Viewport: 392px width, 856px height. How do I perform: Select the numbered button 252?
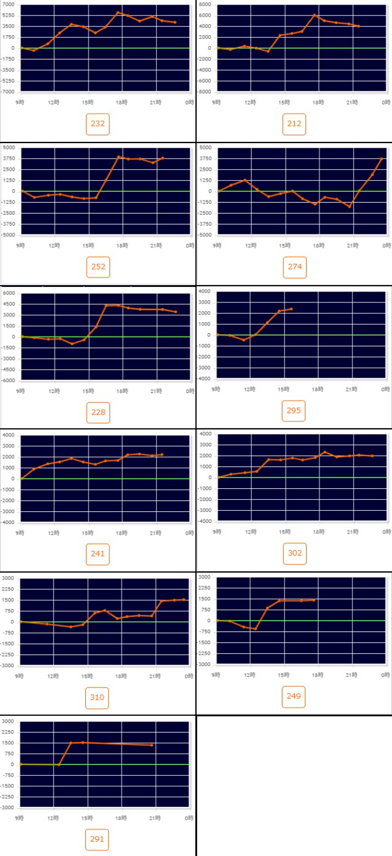97,267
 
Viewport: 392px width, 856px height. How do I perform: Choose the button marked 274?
294,267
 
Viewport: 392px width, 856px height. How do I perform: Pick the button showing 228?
97,412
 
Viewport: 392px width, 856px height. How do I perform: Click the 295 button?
294,411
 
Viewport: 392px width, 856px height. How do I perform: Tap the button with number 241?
97,554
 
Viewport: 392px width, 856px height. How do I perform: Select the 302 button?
294,553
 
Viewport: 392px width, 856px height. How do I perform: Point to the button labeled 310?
97,697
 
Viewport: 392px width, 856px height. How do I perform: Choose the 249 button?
294,696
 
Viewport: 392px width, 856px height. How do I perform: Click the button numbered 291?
97,839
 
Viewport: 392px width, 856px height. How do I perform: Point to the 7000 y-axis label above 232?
9,5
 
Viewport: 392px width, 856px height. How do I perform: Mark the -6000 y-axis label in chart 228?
9,381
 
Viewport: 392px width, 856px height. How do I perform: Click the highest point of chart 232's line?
118,12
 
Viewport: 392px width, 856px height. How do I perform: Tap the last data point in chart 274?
382,159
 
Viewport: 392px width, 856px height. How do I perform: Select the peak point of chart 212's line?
314,15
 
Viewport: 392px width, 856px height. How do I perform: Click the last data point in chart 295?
291,309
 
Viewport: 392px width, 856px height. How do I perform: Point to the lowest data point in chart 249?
255,629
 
